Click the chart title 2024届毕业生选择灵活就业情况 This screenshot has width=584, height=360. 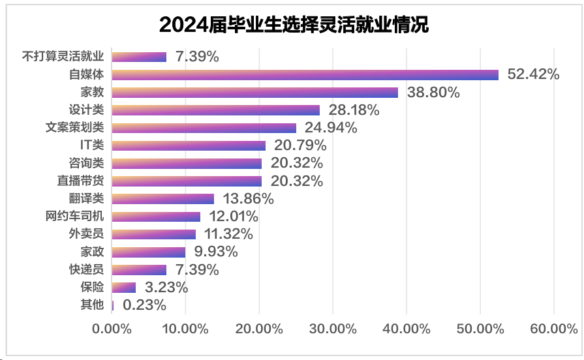[294, 25]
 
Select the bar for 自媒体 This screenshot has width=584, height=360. [305, 74]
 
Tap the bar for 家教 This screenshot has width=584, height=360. [255, 92]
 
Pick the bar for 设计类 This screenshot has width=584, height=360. [216, 110]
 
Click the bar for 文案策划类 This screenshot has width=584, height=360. [204, 128]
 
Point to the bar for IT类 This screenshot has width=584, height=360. [189, 145]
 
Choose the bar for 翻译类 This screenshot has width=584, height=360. [163, 198]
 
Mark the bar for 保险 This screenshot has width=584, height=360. [124, 287]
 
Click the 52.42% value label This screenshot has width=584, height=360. [533, 74]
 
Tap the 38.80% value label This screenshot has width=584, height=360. [433, 93]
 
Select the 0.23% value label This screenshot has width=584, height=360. [144, 305]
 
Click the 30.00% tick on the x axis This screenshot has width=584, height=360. [333, 329]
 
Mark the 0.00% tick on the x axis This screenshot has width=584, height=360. [112, 329]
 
